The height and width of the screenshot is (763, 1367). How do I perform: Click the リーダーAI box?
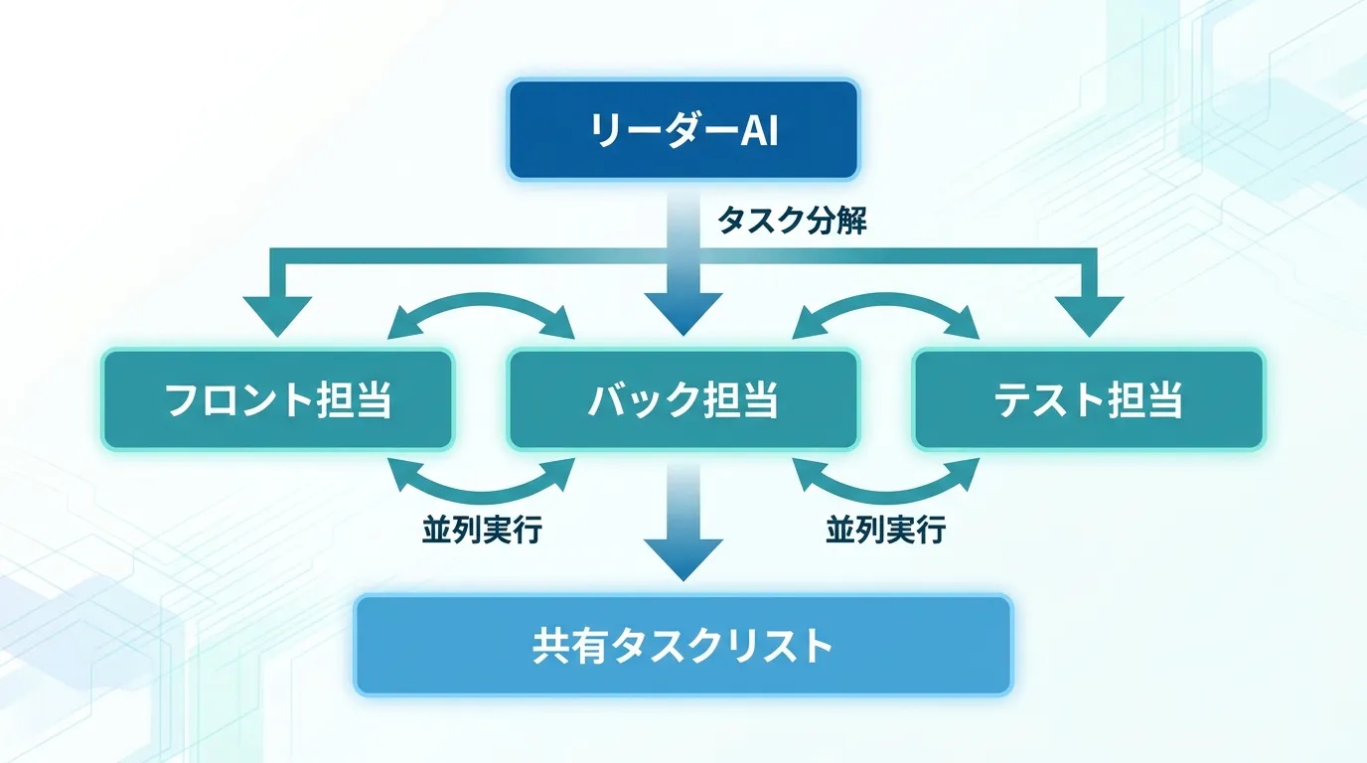click(x=683, y=129)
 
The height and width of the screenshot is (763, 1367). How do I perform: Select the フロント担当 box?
click(x=278, y=399)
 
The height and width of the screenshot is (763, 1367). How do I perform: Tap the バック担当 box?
click(x=683, y=399)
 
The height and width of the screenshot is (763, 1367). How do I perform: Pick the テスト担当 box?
click(x=1089, y=399)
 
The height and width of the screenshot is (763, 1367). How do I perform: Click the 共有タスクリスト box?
click(x=683, y=645)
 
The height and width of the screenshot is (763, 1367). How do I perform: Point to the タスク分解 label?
click(x=792, y=221)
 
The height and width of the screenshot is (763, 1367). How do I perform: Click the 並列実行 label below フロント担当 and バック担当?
click(x=482, y=530)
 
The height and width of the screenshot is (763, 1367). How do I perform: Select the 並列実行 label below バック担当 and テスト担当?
click(x=886, y=530)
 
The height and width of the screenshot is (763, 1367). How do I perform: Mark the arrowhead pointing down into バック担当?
click(x=683, y=314)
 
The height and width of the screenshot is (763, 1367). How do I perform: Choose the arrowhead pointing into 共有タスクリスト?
click(x=683, y=559)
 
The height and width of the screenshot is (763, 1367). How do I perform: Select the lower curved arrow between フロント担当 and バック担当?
click(x=482, y=498)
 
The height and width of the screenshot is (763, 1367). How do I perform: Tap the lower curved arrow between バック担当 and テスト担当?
click(x=885, y=498)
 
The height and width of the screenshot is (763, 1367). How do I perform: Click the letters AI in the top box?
click(x=759, y=130)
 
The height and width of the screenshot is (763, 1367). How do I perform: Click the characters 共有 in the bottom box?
click(x=570, y=646)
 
